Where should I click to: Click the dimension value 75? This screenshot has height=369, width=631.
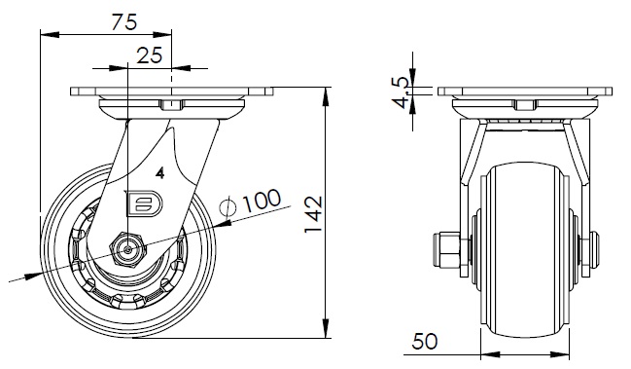[124, 21]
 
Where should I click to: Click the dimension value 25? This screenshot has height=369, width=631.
[150, 55]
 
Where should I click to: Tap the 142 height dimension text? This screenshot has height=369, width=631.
[313, 214]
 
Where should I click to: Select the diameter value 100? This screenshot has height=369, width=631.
[262, 201]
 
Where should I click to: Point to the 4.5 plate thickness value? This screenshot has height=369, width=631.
[402, 92]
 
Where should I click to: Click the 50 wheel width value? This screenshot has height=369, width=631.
[425, 341]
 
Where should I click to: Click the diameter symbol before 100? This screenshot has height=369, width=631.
[228, 207]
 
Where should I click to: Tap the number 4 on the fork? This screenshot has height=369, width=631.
[160, 173]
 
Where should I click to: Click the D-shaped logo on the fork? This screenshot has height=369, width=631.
[144, 203]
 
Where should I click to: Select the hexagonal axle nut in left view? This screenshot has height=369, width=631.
[128, 249]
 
